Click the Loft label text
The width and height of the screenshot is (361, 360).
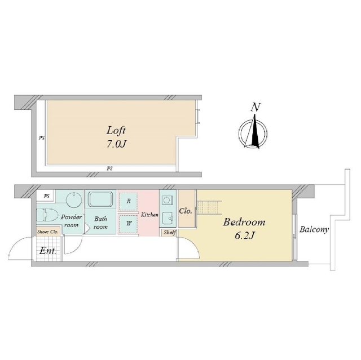(x=116, y=130)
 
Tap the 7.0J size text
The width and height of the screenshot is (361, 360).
(x=117, y=144)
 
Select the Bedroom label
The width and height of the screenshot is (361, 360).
(x=244, y=222)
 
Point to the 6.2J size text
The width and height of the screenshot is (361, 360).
(x=244, y=235)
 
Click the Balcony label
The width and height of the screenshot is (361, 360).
(x=314, y=229)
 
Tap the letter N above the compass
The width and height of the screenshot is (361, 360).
(x=256, y=108)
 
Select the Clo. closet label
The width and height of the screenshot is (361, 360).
(x=186, y=211)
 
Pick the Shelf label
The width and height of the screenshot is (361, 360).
(x=170, y=233)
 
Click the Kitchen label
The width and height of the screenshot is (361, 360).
(x=149, y=215)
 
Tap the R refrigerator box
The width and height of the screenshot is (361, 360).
(x=129, y=201)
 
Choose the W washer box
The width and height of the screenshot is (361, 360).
(x=129, y=223)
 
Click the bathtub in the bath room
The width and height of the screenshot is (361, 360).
(x=101, y=199)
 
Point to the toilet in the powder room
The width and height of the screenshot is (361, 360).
(x=47, y=215)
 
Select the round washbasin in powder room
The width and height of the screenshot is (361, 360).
(x=74, y=200)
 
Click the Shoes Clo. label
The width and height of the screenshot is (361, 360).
(x=48, y=232)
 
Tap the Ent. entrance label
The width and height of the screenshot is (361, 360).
(x=48, y=251)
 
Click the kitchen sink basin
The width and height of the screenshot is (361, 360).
(x=168, y=217)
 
